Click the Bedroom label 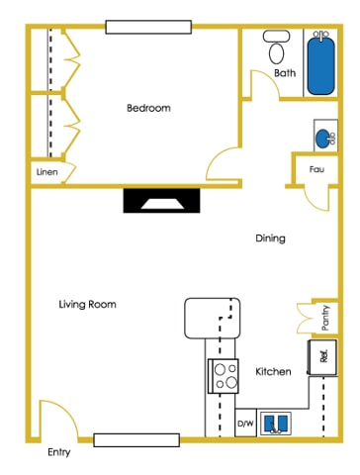coord(148,108)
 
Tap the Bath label coord(285,73)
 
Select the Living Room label coord(87,305)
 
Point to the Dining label coord(270,238)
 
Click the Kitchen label coord(273,371)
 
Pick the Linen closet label coord(46,172)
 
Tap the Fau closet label coord(316,169)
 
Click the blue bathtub coord(320,63)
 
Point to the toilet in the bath coord(276,48)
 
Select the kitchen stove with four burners coord(224,375)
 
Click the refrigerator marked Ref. coord(322,356)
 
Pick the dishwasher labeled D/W coord(244,424)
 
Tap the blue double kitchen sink coord(276,424)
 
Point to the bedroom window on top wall coord(148,27)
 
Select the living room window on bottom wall coord(136,438)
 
